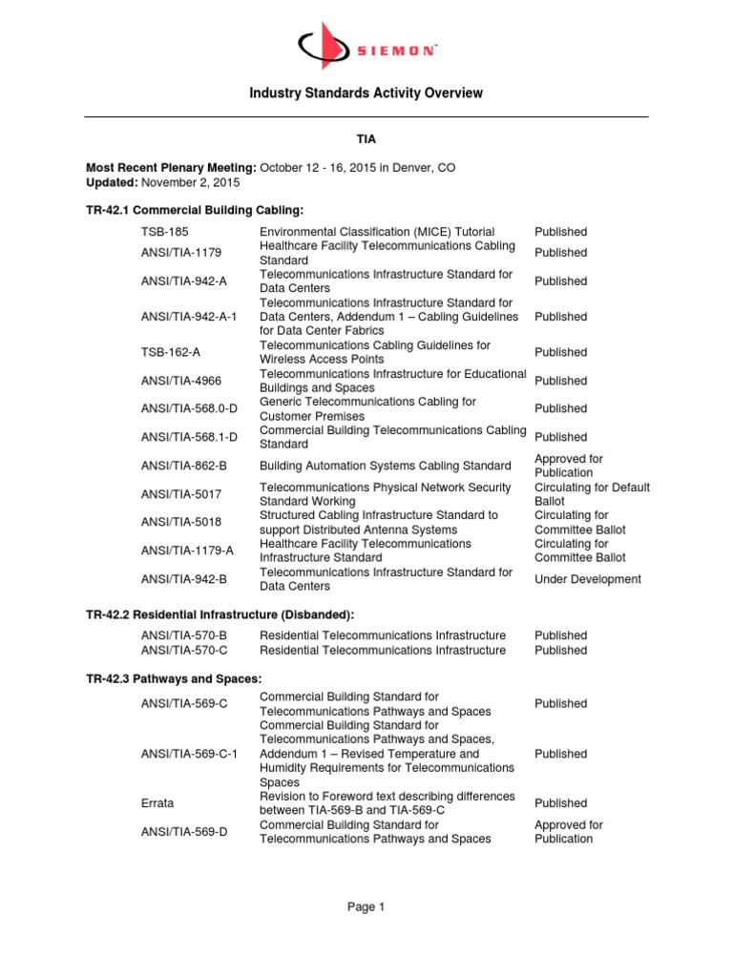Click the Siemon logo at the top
pos(366,44)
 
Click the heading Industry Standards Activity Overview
pos(366,93)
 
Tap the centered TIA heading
pos(366,139)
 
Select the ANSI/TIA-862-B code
pos(181,466)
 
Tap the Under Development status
pos(588,579)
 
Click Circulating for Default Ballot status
pos(592,494)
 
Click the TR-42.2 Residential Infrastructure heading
pos(226,614)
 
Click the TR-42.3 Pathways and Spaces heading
pos(174,677)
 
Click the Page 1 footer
pos(366,907)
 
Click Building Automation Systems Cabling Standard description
pos(385,466)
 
